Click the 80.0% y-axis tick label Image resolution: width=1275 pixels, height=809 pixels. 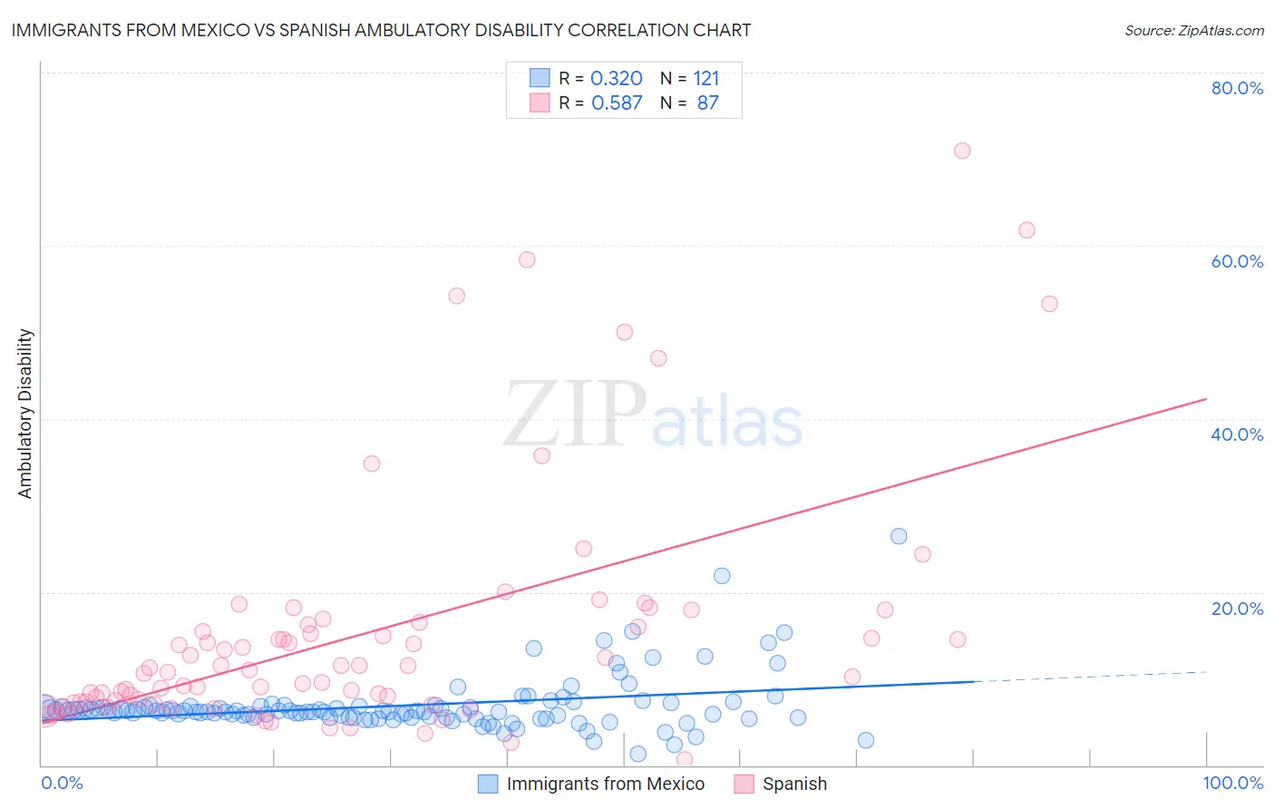coord(1237,88)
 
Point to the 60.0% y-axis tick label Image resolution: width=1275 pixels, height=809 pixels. coord(1237,261)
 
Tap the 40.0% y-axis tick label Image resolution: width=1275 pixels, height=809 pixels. coord(1237,434)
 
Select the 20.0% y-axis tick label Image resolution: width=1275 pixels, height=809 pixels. coord(1237,608)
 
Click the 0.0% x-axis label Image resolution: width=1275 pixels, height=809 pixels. coord(62,783)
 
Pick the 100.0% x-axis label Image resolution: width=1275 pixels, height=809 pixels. coord(1232,783)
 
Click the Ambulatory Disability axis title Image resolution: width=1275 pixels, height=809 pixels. coord(25,414)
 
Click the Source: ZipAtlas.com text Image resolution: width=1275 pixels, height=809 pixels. coord(1193,30)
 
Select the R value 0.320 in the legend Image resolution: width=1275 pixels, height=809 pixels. coord(617,78)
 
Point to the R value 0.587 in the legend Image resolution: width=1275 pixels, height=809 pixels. coord(617,102)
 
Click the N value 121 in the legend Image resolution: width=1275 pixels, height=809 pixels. coord(706,78)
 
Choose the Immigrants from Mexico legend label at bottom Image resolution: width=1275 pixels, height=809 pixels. coord(605,784)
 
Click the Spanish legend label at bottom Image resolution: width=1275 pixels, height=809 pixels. coord(794,784)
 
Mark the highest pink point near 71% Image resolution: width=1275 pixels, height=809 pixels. coord(962,151)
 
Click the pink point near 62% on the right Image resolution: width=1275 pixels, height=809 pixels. coord(1027,230)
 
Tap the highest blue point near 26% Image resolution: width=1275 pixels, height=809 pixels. coord(899,536)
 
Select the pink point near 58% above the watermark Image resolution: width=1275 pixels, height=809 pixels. coord(527,259)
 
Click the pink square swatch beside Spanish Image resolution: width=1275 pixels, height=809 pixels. coord(745,784)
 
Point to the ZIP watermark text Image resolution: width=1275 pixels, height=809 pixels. coord(575,414)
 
